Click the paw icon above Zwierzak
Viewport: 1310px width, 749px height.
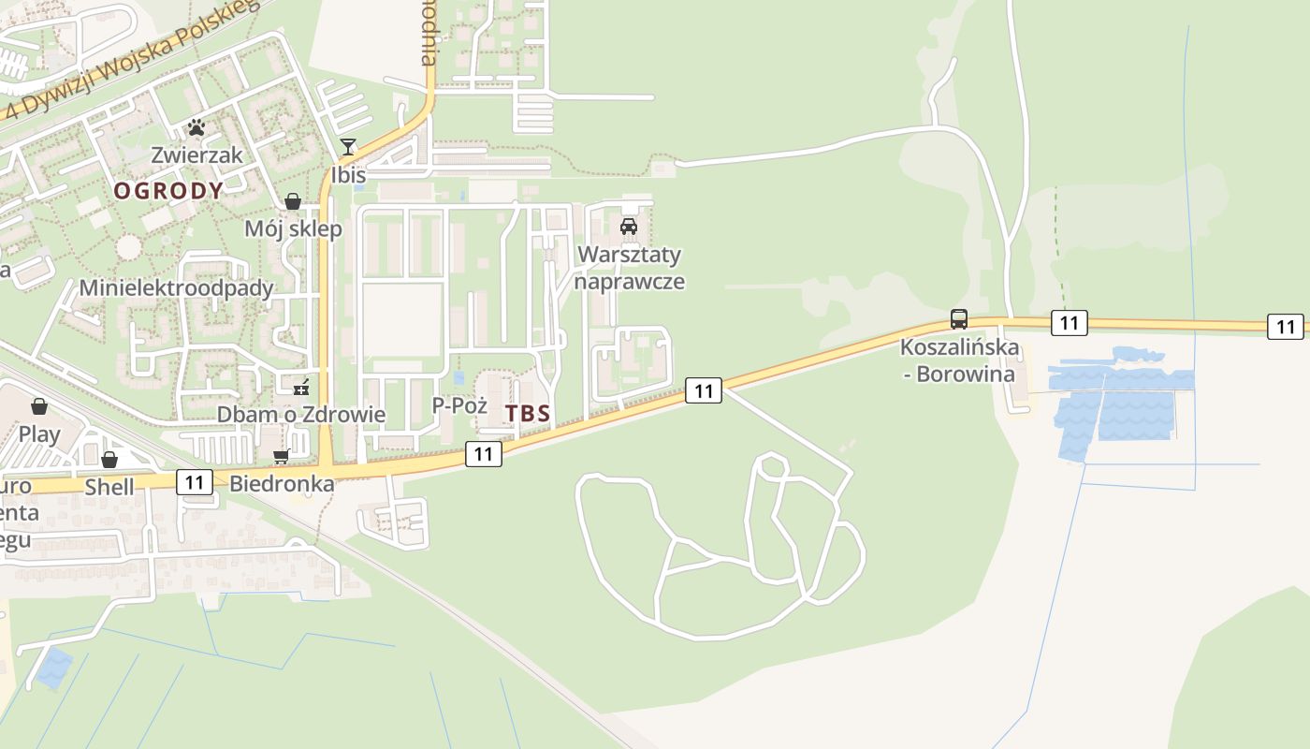click(196, 126)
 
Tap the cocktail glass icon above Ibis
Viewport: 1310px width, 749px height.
click(348, 146)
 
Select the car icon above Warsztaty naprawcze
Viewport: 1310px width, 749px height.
click(629, 226)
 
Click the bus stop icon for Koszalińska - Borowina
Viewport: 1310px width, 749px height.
click(958, 318)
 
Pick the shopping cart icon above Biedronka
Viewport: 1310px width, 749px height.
click(281, 456)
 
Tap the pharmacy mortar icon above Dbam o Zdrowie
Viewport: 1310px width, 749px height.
click(301, 386)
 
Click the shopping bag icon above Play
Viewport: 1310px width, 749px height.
click(39, 405)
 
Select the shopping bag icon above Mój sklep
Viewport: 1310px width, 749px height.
click(293, 201)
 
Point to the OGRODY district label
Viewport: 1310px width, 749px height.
click(168, 191)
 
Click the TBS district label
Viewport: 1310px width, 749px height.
click(528, 413)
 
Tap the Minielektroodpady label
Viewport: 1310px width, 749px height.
click(176, 287)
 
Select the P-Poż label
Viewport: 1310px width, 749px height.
click(459, 405)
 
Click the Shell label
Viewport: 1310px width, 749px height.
click(109, 487)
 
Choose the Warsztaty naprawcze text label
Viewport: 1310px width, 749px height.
click(629, 268)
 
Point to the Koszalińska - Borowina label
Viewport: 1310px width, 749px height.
click(959, 360)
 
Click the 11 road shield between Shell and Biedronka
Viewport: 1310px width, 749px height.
click(195, 482)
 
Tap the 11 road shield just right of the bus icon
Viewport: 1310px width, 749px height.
click(1069, 323)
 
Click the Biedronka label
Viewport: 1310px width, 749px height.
click(282, 484)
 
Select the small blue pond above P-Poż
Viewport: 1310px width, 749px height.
click(457, 378)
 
